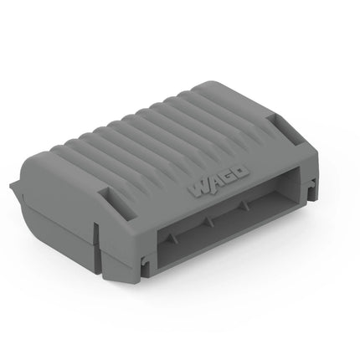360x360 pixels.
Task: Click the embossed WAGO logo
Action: tap(219, 181)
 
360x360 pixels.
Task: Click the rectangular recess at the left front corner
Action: tap(118, 202)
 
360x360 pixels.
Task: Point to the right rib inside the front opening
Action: tap(244, 205)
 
